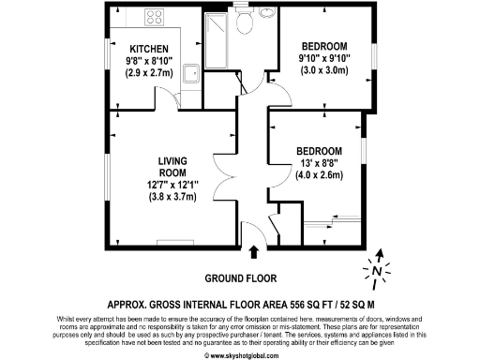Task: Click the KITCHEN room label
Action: (x=149, y=49)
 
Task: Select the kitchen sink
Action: (x=190, y=73)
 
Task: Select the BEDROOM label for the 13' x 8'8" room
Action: (x=320, y=150)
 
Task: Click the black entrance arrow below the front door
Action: (x=256, y=249)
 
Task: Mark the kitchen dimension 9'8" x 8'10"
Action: (x=149, y=61)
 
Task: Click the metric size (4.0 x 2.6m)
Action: (x=320, y=174)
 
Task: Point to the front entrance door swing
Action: (x=249, y=232)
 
